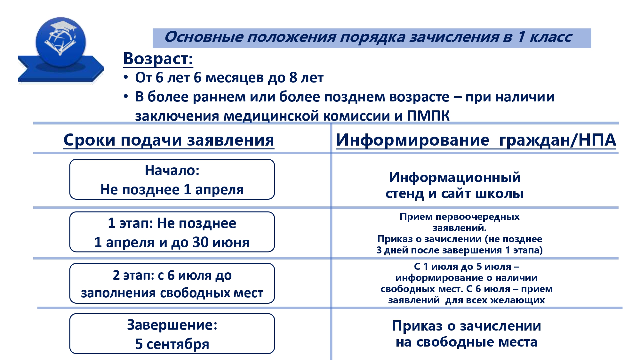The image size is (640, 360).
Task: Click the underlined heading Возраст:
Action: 158,59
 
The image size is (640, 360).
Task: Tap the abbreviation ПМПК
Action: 428,116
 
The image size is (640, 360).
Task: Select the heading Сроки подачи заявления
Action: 169,140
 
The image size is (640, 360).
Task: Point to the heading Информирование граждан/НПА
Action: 476,140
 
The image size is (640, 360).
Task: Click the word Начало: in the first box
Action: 172,170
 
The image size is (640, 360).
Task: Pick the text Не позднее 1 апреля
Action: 172,189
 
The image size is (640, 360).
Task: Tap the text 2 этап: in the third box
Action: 134,275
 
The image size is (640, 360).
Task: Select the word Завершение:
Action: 172,325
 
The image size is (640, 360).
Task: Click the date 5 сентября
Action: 172,344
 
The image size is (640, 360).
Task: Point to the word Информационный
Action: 455,178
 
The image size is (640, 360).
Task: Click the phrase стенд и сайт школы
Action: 454,194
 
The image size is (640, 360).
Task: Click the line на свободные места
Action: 467,342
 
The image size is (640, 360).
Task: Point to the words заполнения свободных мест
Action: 172,293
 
